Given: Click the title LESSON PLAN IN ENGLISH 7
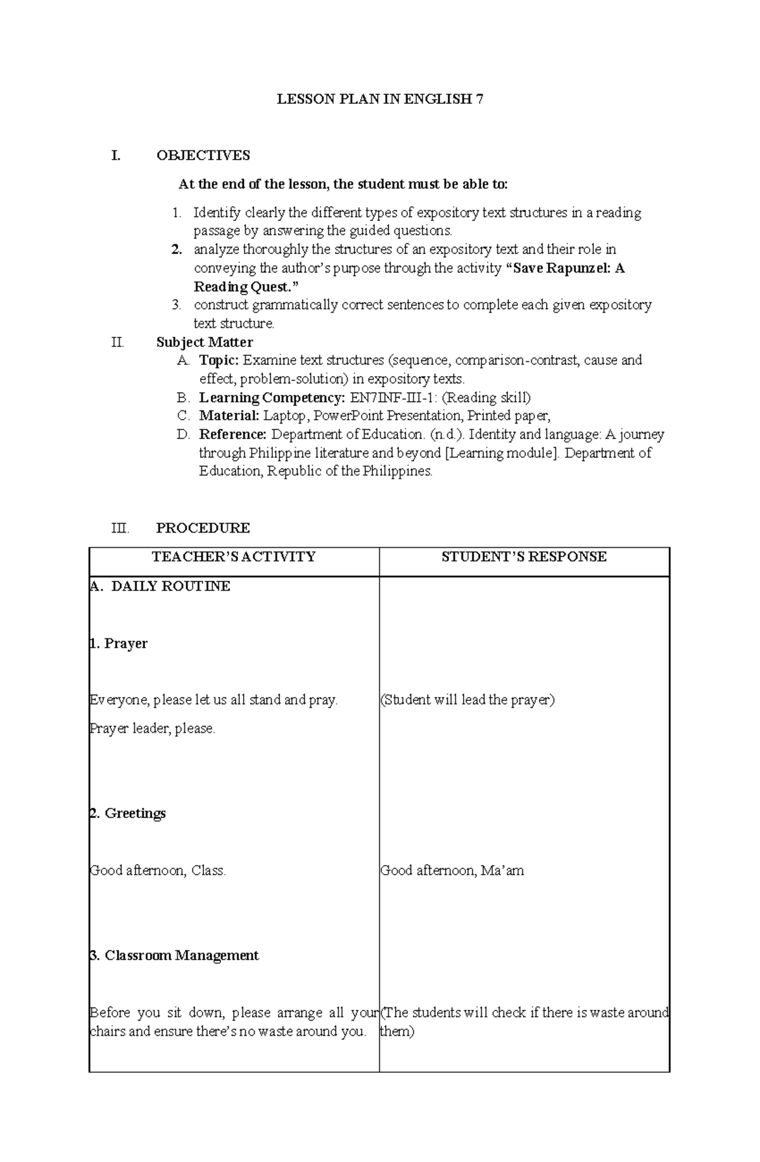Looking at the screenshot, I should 380,99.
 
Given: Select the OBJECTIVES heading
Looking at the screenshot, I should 203,156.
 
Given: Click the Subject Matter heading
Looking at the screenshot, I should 205,343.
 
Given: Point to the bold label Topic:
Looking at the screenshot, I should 219,361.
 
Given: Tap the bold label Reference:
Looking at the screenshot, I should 232,434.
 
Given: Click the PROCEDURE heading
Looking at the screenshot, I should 203,528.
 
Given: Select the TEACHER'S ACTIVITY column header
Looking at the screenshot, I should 234,557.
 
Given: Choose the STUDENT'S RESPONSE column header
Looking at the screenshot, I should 524,557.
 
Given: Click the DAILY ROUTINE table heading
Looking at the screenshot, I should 170,586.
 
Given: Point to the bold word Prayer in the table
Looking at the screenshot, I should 125,644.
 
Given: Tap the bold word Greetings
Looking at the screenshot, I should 135,814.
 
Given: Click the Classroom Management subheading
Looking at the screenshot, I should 181,956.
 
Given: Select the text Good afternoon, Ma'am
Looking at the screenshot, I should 452,871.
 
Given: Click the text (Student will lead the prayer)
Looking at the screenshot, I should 467,700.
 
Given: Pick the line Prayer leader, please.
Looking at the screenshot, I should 153,729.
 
